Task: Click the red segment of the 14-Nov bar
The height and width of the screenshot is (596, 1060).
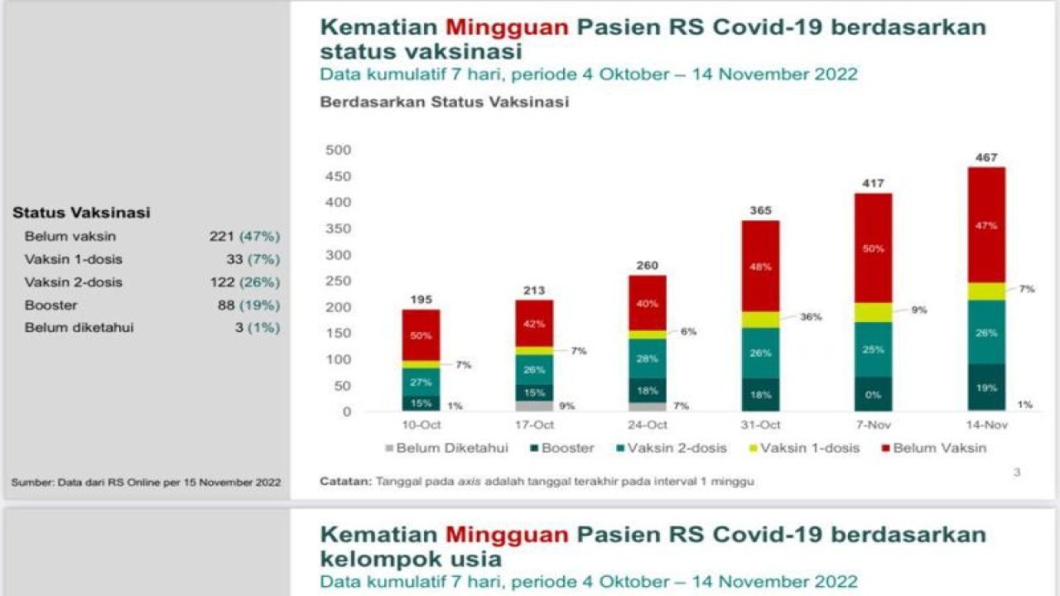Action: tap(986, 224)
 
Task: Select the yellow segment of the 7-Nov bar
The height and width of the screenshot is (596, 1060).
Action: tap(874, 312)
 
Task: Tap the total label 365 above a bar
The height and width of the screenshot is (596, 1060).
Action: tap(760, 211)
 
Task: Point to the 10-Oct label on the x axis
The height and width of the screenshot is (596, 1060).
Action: tap(422, 425)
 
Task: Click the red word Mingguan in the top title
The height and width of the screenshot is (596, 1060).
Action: tap(504, 26)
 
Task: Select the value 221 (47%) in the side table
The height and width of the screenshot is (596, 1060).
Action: tap(244, 236)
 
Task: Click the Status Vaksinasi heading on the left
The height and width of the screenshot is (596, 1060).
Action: tap(81, 213)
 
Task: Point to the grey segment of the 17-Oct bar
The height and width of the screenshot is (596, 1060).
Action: tap(534, 406)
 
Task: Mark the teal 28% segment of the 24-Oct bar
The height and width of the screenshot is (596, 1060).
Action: tap(648, 358)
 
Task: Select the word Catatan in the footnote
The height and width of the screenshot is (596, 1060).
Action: tap(345, 481)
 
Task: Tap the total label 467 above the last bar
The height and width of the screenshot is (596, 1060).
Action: tap(986, 157)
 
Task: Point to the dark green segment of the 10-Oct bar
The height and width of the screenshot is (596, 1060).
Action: tap(422, 402)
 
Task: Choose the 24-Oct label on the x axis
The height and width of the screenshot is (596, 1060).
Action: tap(647, 425)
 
